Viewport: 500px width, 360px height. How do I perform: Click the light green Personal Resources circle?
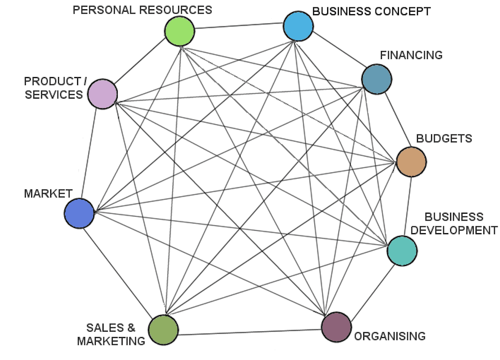[x=180, y=31]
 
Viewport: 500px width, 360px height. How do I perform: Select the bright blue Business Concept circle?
[x=298, y=26]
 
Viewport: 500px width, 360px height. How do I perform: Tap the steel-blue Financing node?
[x=376, y=80]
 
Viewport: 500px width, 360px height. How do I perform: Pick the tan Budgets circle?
[x=411, y=162]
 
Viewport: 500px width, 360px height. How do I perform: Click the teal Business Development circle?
[x=402, y=251]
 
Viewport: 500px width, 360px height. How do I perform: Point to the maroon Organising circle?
[x=336, y=327]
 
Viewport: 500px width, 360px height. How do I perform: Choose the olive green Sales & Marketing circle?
[x=163, y=330]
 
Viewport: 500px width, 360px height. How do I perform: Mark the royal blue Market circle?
[x=79, y=214]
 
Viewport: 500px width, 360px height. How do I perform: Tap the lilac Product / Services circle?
[x=103, y=94]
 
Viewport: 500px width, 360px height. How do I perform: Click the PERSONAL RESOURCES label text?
[x=142, y=10]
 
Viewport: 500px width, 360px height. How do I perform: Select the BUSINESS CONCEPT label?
[x=372, y=12]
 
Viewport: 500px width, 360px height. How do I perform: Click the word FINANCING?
[x=411, y=55]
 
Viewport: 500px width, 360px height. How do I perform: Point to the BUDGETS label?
[x=444, y=139]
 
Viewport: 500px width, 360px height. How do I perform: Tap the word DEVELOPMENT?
[x=454, y=230]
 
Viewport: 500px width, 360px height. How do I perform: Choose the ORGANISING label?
[x=390, y=336]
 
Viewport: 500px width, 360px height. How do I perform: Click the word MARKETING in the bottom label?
[x=111, y=341]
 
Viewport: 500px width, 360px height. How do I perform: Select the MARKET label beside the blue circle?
[x=48, y=194]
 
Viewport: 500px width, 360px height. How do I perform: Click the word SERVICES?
[x=54, y=95]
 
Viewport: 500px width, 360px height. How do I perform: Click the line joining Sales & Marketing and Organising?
[x=250, y=332]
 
